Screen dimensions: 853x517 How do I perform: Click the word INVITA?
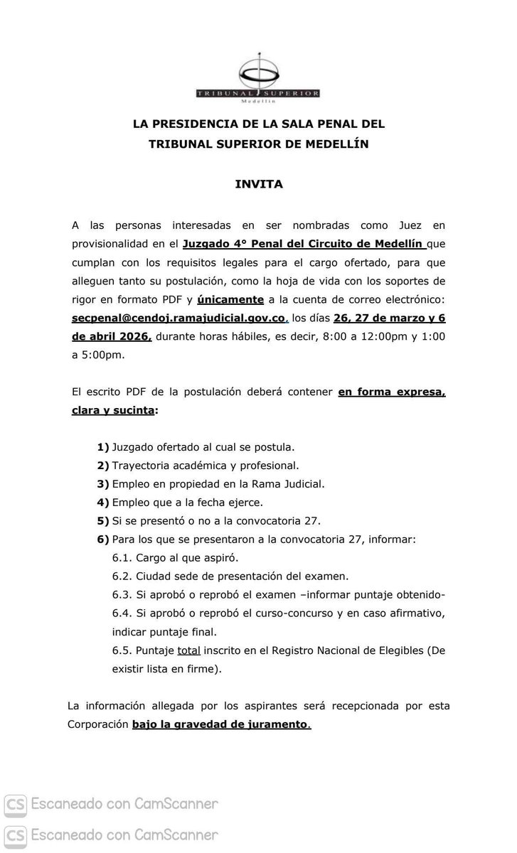coord(259,184)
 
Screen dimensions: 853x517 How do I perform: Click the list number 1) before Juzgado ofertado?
coord(103,447)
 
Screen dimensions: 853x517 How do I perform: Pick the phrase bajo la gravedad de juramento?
coord(220,725)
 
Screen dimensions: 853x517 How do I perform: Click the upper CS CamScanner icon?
coord(16,804)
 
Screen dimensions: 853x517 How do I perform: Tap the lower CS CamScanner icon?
coord(16,834)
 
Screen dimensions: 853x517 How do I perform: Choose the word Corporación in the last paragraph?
coord(96,725)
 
